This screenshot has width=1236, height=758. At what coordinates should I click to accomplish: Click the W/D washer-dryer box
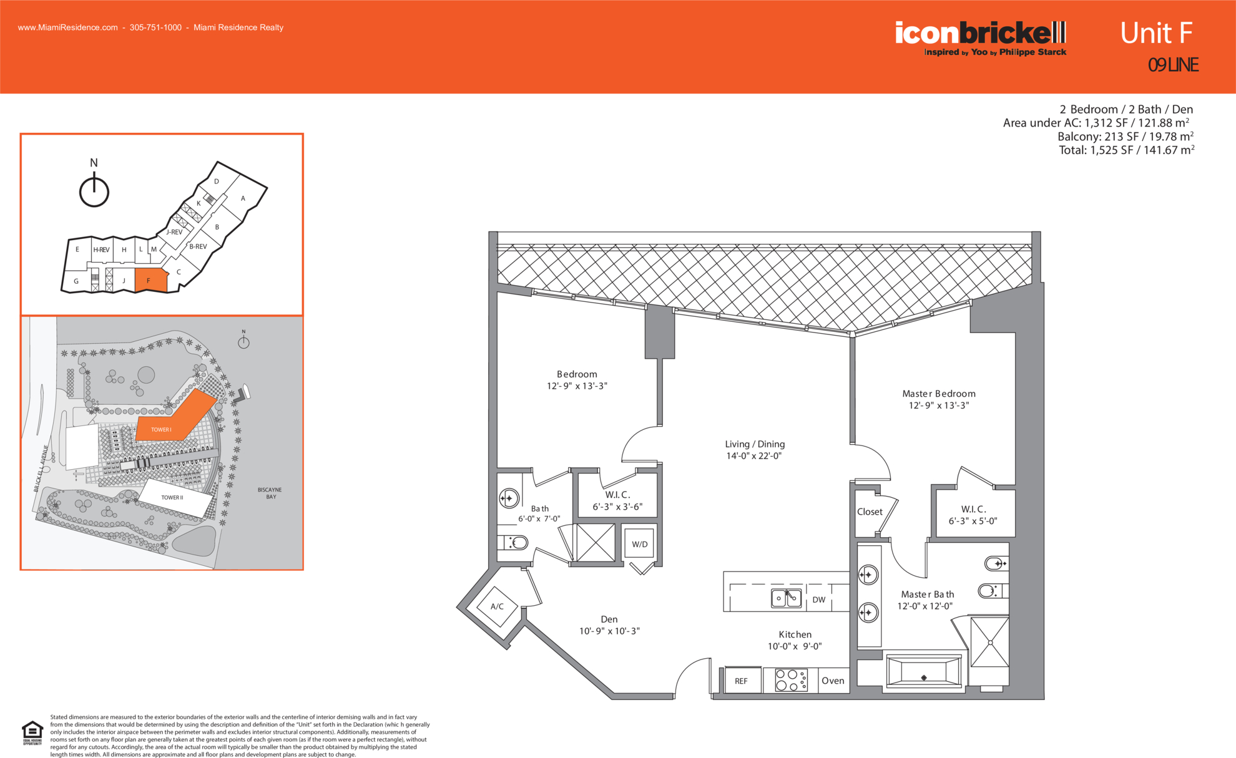[639, 544]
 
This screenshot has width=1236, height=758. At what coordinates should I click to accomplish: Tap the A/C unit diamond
[497, 606]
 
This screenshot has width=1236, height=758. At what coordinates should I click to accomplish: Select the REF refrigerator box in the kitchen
[742, 681]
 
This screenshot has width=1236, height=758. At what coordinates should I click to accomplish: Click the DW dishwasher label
[819, 600]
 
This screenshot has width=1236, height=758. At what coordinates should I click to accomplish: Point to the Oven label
[833, 681]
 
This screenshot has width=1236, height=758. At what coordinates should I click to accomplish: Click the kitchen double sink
[786, 598]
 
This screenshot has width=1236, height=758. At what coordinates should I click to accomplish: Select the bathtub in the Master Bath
[924, 672]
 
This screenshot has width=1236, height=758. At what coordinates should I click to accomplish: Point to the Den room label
[609, 619]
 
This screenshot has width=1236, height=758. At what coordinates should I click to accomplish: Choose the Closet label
[870, 512]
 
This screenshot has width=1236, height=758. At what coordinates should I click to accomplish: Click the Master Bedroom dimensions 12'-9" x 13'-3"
[939, 406]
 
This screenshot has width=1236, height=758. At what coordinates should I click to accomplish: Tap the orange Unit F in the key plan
[150, 280]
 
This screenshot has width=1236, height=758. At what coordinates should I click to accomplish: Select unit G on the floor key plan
[76, 281]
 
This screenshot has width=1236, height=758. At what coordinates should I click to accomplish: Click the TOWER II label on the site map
[172, 497]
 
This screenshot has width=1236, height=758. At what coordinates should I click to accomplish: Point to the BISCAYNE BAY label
[270, 493]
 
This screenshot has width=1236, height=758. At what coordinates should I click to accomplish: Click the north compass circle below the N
[94, 192]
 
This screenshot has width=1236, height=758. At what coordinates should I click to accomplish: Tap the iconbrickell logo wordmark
[980, 32]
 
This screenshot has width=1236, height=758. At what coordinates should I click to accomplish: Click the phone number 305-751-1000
[155, 27]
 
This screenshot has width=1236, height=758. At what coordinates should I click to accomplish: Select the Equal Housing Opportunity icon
[32, 732]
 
